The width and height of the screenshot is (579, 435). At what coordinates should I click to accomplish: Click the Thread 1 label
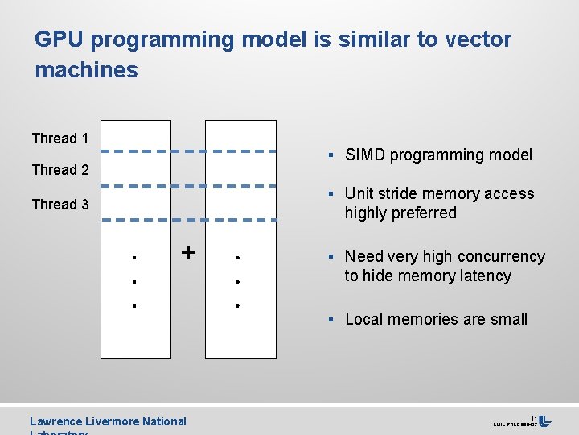(x=60, y=139)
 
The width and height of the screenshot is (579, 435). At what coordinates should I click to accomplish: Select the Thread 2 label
(x=60, y=170)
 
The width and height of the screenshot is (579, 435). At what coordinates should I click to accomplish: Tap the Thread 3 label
(x=60, y=205)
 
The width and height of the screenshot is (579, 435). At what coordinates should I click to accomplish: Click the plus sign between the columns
(x=188, y=252)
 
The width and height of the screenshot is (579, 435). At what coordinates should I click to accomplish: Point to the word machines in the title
(x=86, y=70)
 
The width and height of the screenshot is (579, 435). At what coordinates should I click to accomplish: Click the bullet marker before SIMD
(x=331, y=155)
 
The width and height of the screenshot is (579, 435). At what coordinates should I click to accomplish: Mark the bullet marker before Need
(x=331, y=257)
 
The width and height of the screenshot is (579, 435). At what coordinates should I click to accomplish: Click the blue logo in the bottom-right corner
(x=545, y=421)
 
